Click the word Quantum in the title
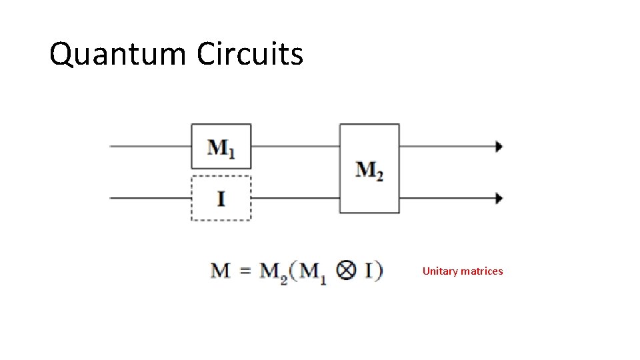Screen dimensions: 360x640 (x=117, y=55)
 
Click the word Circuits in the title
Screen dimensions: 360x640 (x=250, y=54)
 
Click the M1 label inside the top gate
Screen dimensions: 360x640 (x=221, y=147)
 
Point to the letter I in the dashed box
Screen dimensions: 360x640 (x=221, y=198)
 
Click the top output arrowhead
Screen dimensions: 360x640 (x=499, y=147)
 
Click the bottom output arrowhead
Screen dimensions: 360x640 (x=499, y=198)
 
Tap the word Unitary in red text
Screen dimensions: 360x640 (x=440, y=271)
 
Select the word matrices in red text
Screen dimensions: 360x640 (x=482, y=271)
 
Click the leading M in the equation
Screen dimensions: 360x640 (x=221, y=271)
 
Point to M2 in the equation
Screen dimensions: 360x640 (x=273, y=273)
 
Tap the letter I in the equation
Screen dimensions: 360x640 (x=369, y=271)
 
